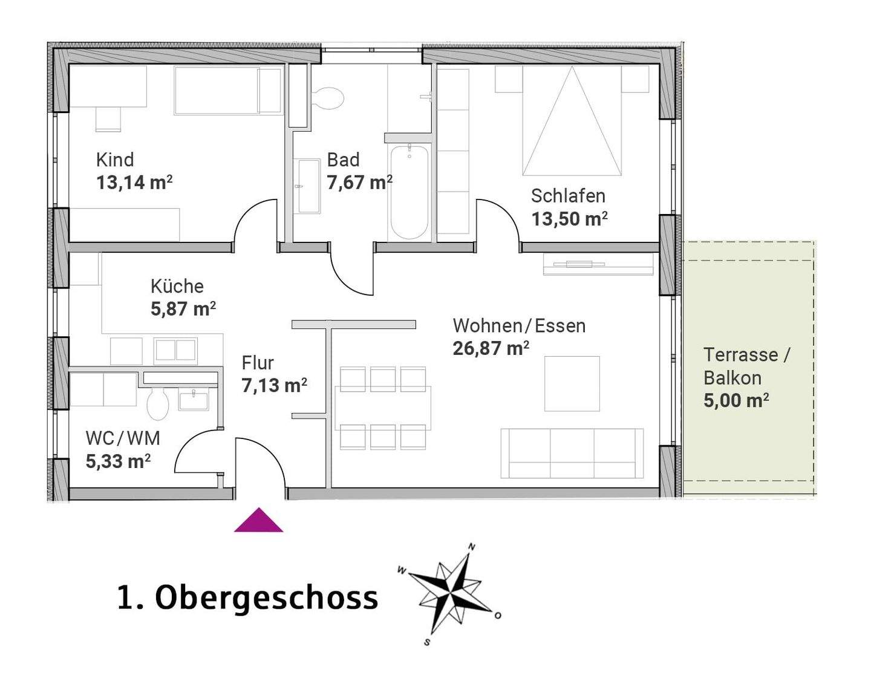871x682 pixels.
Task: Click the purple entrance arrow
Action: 258,521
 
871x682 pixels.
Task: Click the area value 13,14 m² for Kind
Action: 134,182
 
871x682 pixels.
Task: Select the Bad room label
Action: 343,160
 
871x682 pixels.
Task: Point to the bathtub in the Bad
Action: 409,192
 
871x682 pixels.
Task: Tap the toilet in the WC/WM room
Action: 158,403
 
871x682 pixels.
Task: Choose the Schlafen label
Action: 568,196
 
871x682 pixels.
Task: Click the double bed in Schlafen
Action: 572,121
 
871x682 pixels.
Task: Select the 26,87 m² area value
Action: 491,348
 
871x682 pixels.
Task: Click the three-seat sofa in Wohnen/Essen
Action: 572,453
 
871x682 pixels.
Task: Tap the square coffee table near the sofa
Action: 572,384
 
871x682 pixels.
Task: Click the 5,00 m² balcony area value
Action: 736,400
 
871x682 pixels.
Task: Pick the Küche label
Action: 177,286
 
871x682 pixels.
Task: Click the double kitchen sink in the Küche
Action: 175,351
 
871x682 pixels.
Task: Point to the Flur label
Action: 258,363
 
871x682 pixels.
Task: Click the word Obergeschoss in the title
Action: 266,597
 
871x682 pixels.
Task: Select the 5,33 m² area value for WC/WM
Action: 118,461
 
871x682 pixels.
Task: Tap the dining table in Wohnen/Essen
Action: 383,408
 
